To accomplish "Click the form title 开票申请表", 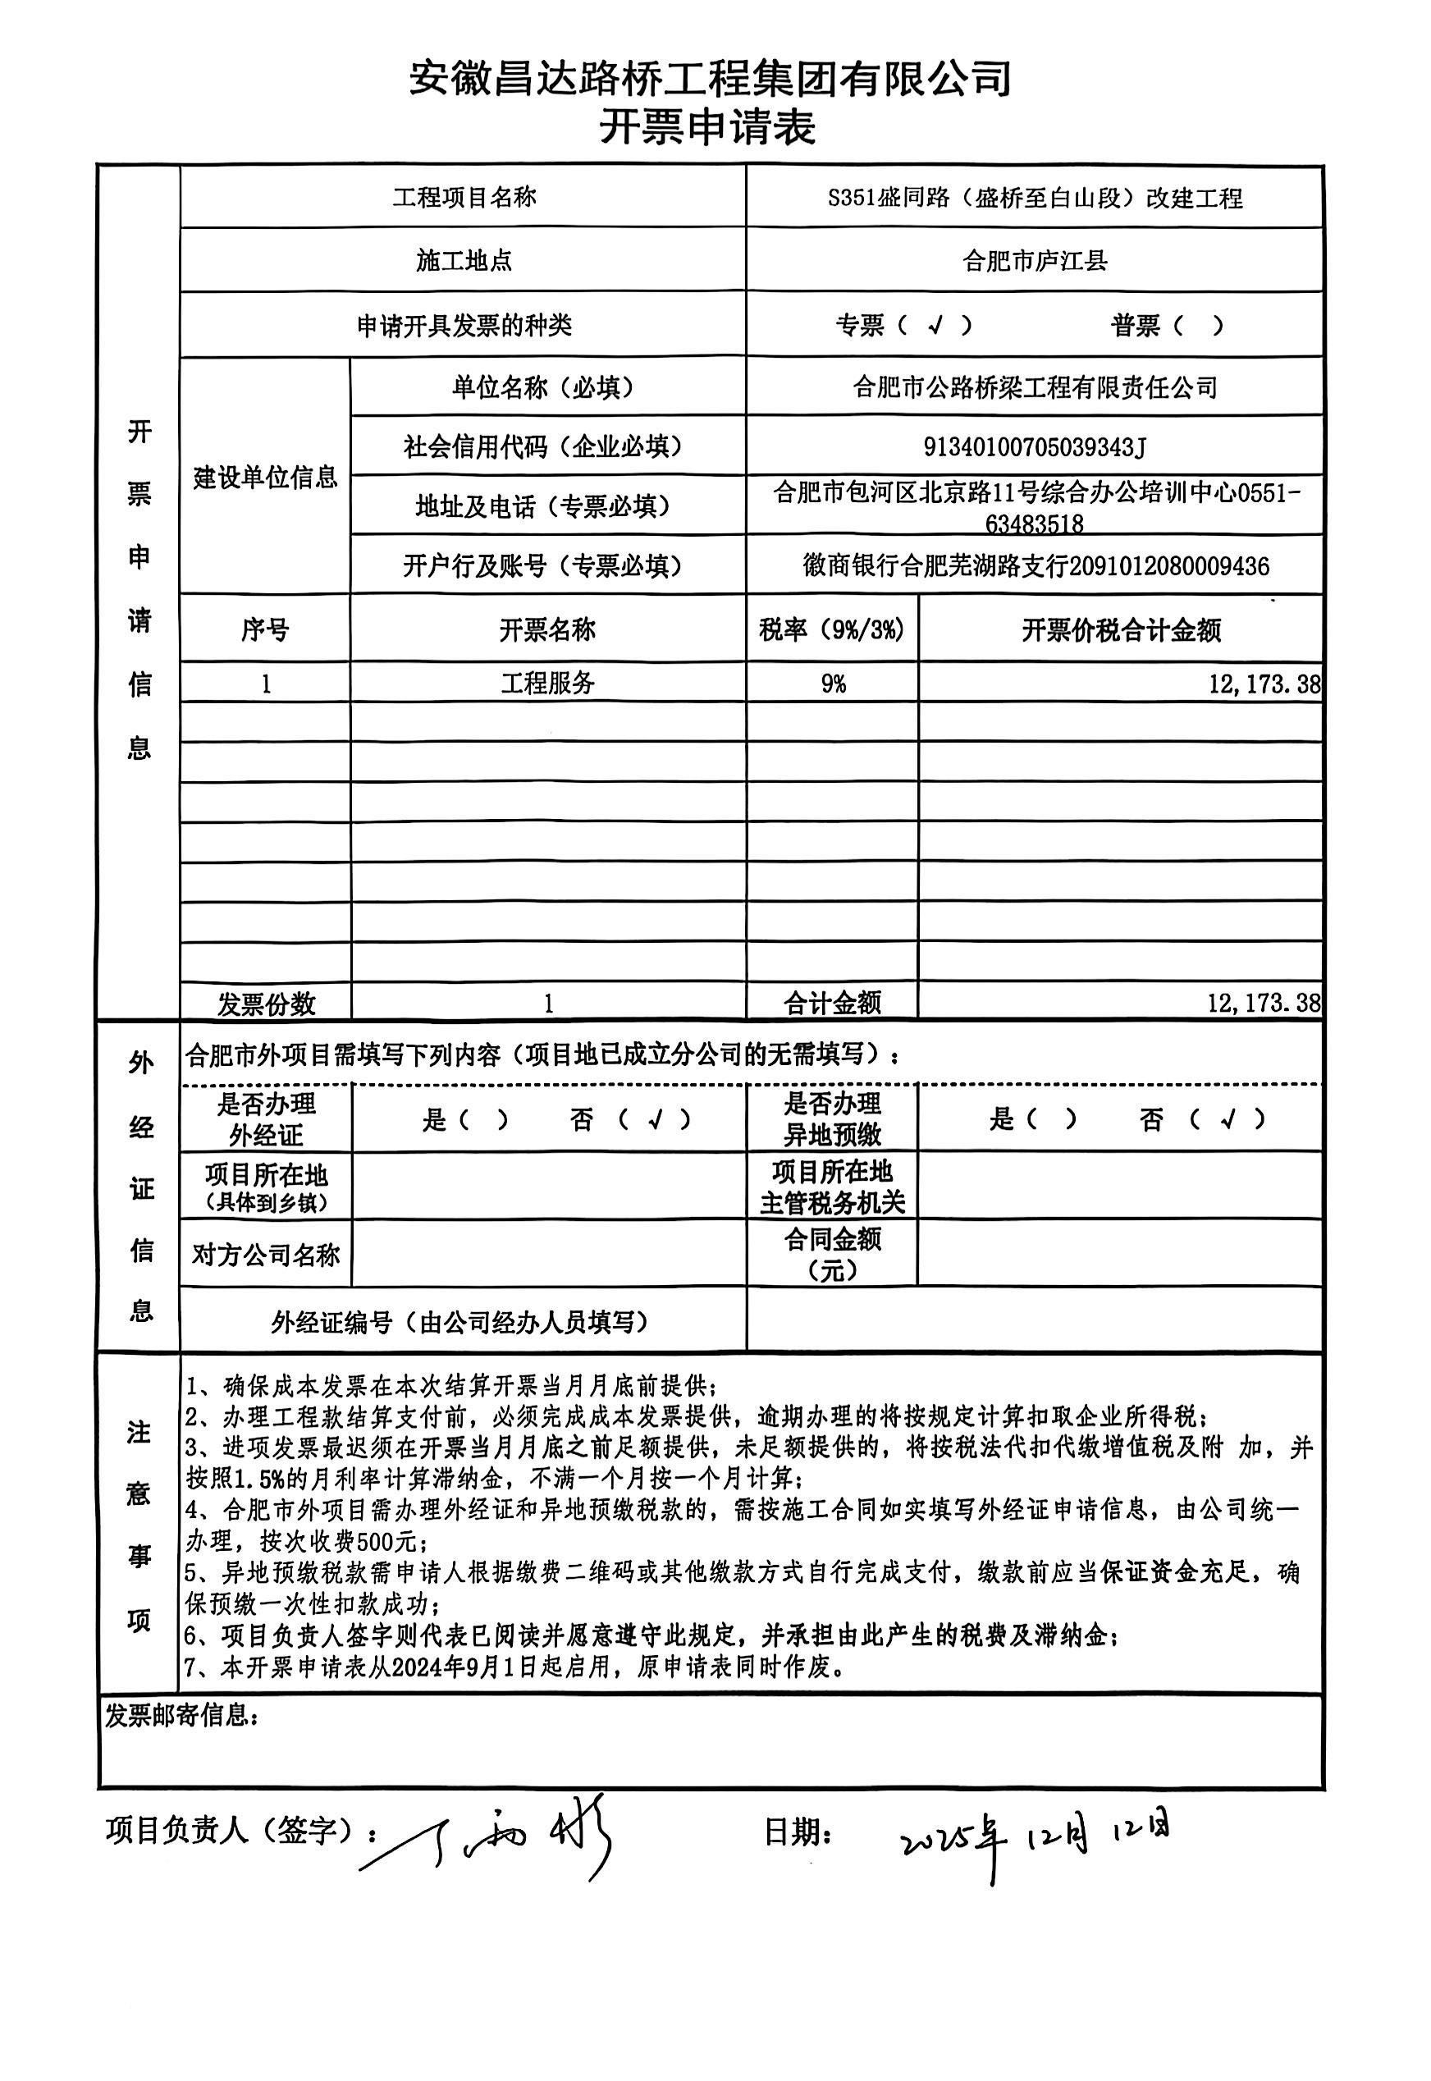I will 707,127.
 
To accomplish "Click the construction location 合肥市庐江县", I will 1035,261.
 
